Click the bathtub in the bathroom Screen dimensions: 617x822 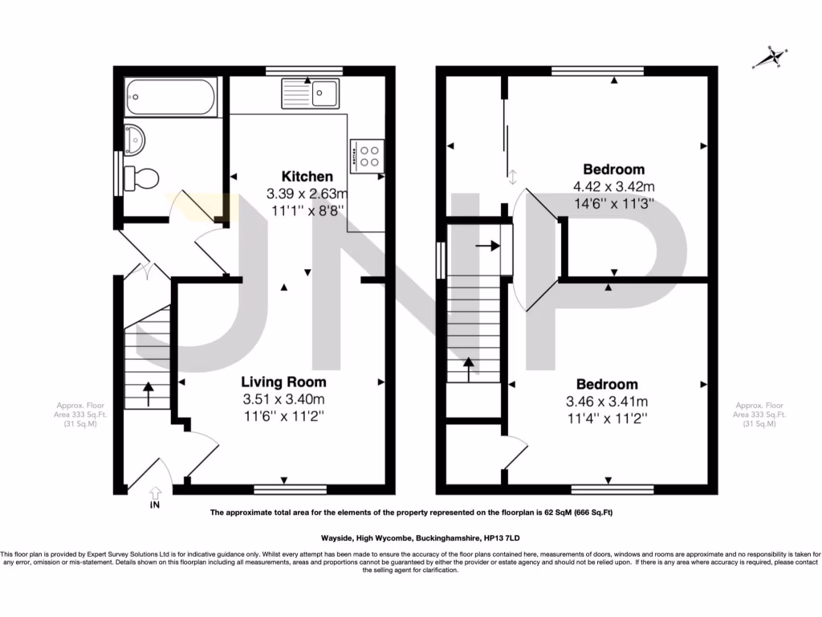click(170, 97)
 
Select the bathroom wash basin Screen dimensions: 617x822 click(134, 139)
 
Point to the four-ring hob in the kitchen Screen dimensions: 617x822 click(368, 156)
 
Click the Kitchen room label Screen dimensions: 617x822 click(307, 177)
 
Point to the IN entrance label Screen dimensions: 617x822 click(154, 505)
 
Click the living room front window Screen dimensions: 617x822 click(290, 488)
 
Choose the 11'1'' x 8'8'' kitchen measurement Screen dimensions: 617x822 click(307, 210)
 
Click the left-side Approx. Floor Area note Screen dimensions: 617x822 click(77, 415)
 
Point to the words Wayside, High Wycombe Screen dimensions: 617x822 click(353, 537)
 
